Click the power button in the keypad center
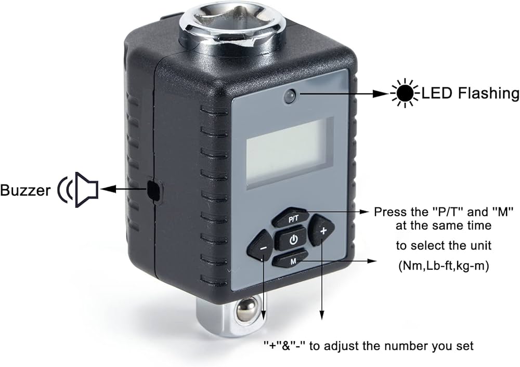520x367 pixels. (x=294, y=240)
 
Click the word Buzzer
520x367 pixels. (x=25, y=190)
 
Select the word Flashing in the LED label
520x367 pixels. (x=486, y=94)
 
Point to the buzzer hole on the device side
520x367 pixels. (x=153, y=190)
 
